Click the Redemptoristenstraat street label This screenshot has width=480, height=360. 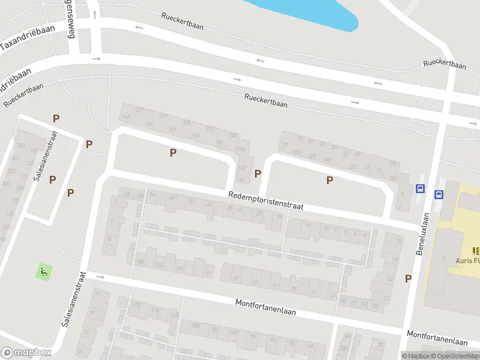coord(265,201)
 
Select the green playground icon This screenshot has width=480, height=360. coord(43,271)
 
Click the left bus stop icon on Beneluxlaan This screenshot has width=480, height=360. coord(420,188)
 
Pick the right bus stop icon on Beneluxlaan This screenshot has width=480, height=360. coord(439,194)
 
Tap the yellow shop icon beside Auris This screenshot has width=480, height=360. coord(476,251)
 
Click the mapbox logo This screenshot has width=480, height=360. coord(26,353)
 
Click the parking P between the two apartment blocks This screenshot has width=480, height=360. coord(258,173)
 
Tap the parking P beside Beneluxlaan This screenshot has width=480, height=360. coord(409,278)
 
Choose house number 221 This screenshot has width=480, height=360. coord(140,110)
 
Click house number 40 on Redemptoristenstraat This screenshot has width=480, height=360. coord(172,197)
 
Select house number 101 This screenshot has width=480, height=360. coord(159,265)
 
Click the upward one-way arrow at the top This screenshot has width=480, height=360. coord(95,13)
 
